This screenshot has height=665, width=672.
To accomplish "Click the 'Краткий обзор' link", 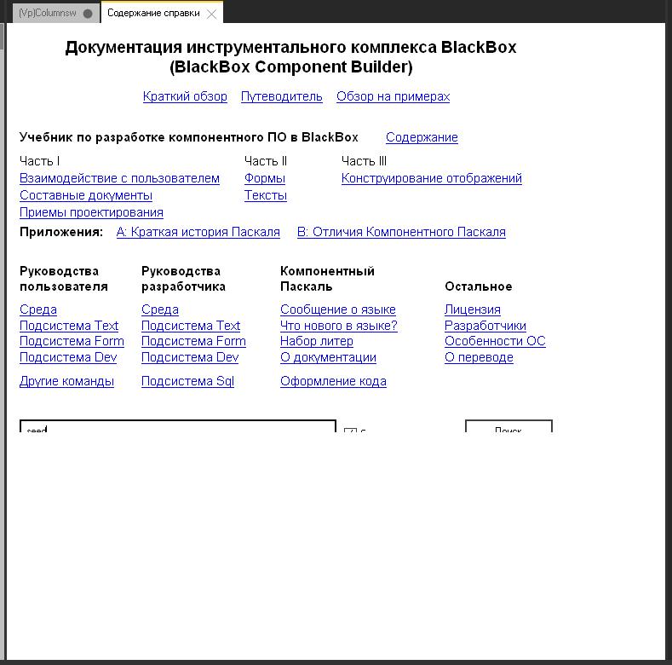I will (185, 96).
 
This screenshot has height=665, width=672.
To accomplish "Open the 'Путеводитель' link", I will (281, 96).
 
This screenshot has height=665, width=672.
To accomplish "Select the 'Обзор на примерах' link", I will (393, 96).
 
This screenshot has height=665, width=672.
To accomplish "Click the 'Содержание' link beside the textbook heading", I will (422, 137).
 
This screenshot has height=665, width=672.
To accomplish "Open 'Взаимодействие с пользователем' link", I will (119, 178).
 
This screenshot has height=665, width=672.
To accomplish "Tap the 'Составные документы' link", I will (86, 195).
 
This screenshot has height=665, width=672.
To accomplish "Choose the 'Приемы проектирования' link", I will (91, 212).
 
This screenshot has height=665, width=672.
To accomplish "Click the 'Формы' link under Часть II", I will (264, 178).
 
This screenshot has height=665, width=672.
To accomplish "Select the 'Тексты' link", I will (265, 195).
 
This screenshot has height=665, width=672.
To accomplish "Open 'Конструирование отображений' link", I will (431, 178).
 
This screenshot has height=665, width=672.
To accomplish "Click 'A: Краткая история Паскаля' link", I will (198, 232).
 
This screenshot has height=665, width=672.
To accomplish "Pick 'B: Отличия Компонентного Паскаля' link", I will (401, 232).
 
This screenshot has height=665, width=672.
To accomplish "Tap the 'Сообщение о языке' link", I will (337, 309).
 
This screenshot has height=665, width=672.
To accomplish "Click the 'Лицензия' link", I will (472, 309).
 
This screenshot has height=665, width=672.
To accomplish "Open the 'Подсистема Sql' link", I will (187, 381).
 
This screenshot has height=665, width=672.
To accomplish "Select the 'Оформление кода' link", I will (333, 381).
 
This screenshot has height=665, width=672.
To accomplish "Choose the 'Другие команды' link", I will (66, 381).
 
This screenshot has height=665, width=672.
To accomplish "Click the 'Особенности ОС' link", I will (495, 341).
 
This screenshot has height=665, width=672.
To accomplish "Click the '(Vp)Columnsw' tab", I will (48, 14).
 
